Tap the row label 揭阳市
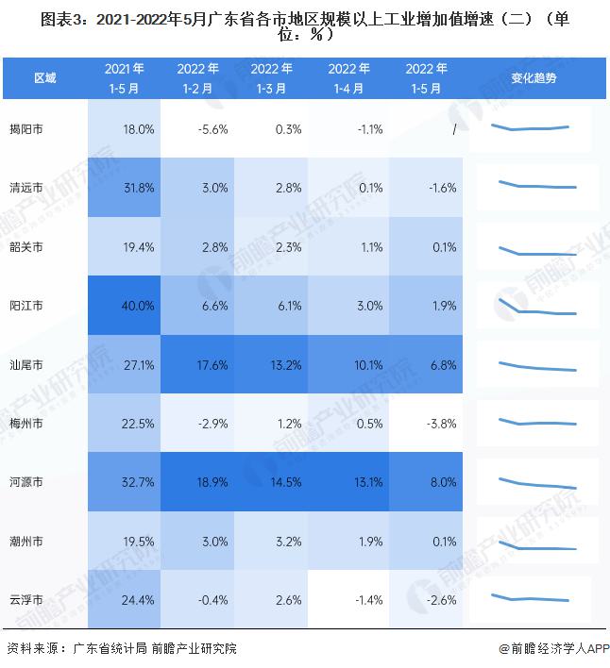click(x=25, y=129)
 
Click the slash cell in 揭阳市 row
click(x=453, y=129)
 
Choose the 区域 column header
click(x=44, y=77)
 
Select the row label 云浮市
click(x=25, y=600)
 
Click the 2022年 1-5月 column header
click(x=426, y=77)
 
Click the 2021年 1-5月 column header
click(x=125, y=77)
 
